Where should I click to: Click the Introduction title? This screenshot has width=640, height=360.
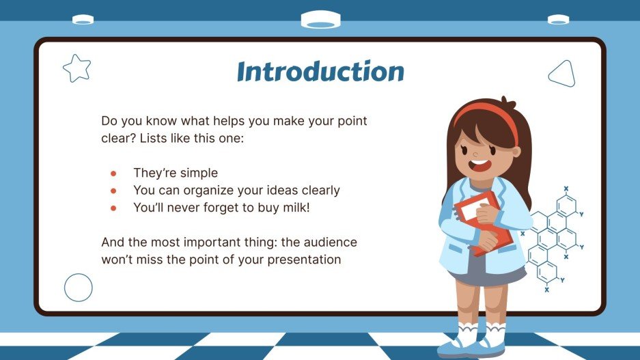[x=320, y=72]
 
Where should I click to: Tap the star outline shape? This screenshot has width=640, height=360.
[x=76, y=68]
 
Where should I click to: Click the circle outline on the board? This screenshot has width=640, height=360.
[x=78, y=288]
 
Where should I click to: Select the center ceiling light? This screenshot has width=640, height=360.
[x=320, y=20]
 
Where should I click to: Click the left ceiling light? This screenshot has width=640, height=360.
[x=83, y=20]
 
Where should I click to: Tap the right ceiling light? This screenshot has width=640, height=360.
[x=558, y=20]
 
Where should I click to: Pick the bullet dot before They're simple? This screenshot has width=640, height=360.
[x=113, y=174]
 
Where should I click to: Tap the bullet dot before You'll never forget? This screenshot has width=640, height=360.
[x=113, y=208]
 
